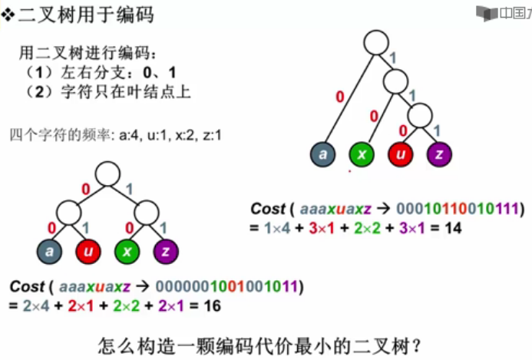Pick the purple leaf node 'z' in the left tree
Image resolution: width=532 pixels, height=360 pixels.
click(x=165, y=251)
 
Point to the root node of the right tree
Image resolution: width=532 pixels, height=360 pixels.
click(x=377, y=41)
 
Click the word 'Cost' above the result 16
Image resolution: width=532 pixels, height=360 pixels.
click(x=27, y=287)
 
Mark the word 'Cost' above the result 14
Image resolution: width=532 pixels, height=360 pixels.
click(x=268, y=209)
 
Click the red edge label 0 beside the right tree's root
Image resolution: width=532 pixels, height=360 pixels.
click(x=339, y=97)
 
